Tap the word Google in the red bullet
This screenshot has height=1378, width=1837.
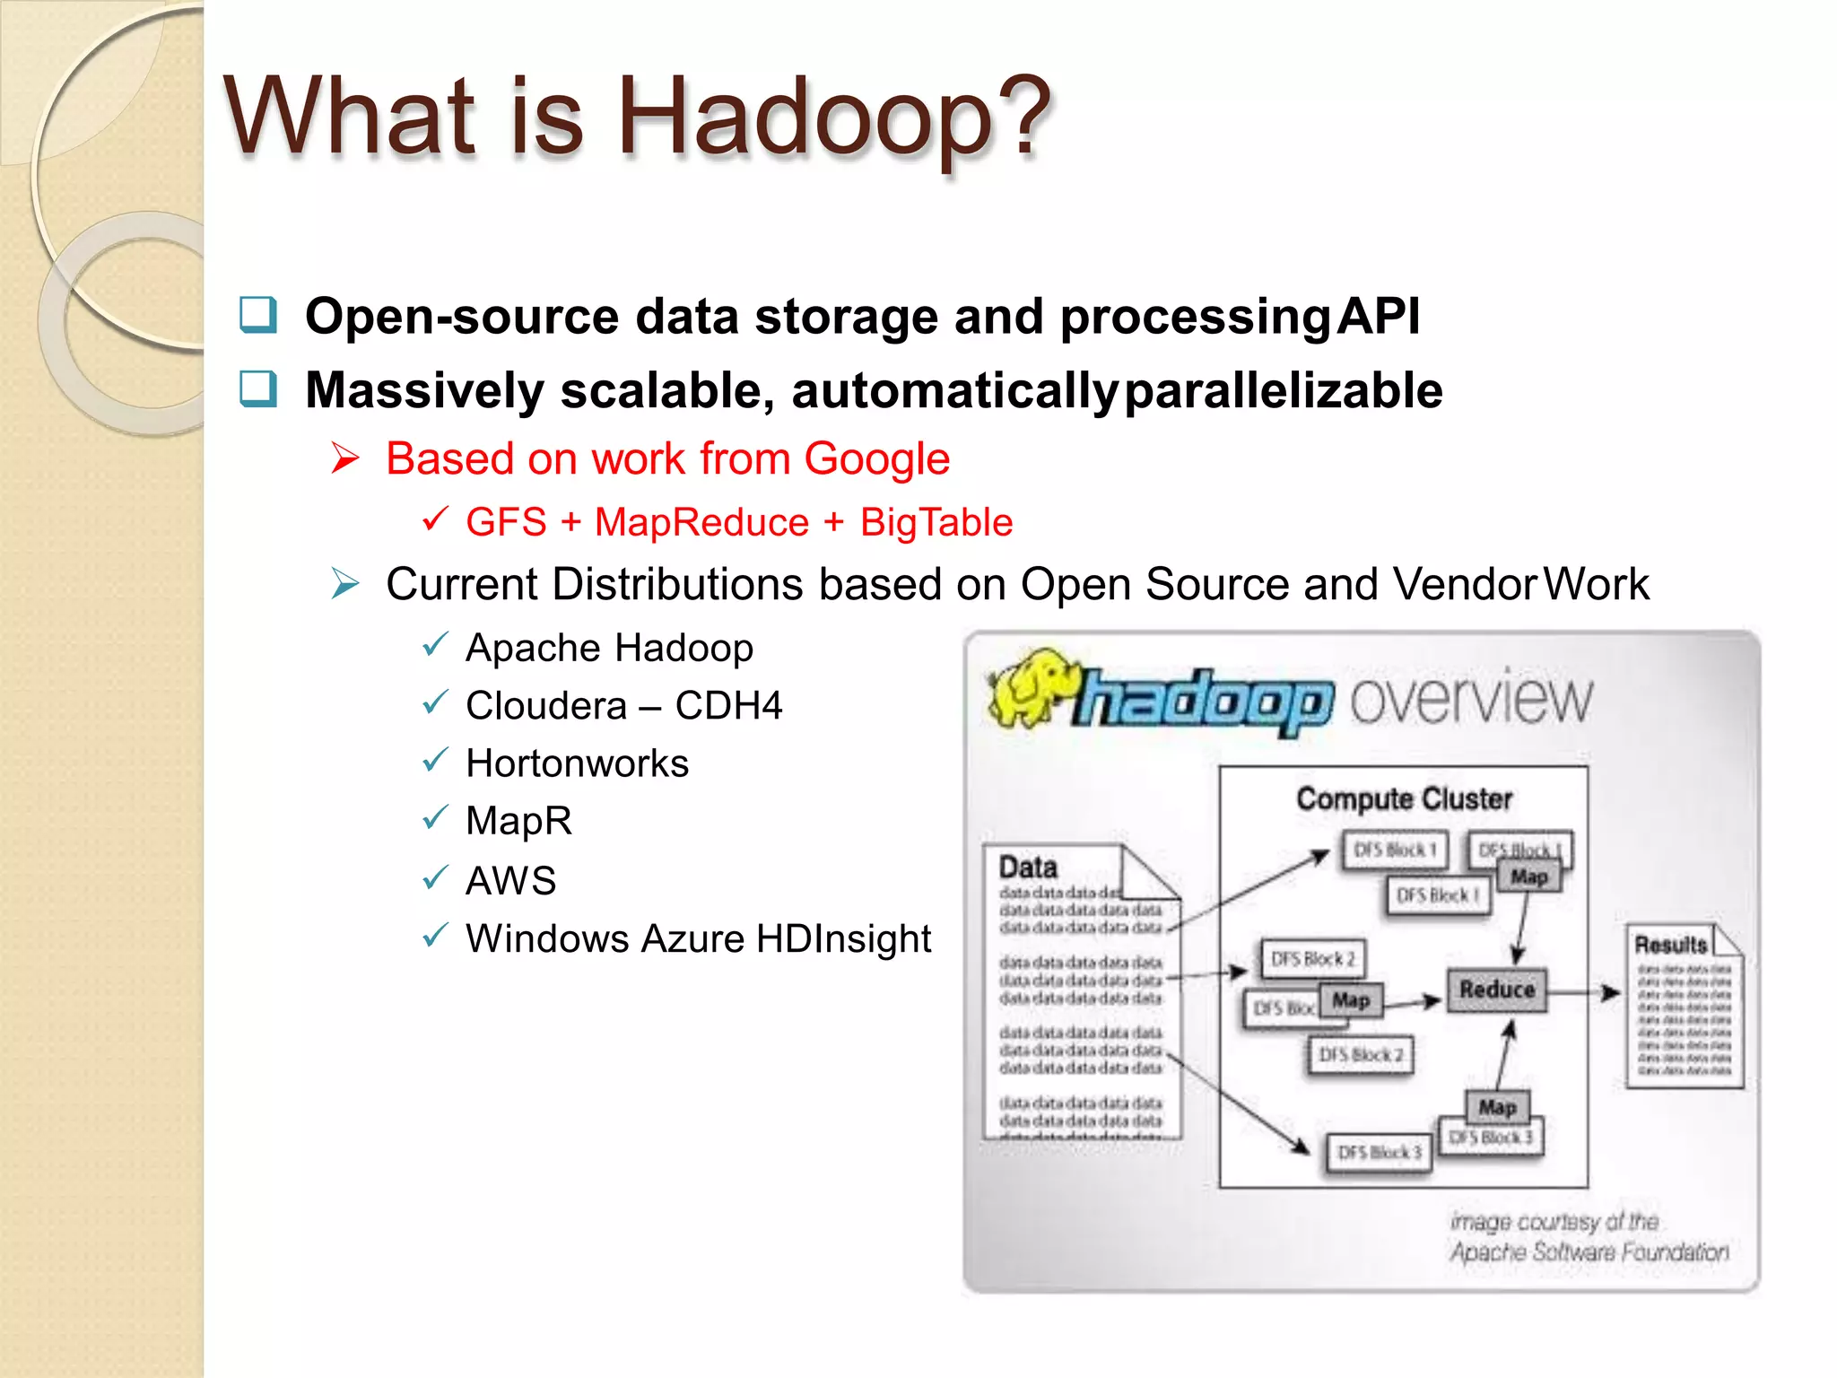click(876, 459)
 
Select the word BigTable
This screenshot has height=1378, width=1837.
click(936, 522)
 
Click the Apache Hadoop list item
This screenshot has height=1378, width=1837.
click(609, 648)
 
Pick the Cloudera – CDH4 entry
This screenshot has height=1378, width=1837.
click(623, 706)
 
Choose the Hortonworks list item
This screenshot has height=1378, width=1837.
click(577, 763)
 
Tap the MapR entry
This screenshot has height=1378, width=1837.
click(518, 821)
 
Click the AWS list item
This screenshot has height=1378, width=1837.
click(510, 880)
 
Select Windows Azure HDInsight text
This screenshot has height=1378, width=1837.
click(698, 939)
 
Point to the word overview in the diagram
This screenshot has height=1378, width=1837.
click(1471, 700)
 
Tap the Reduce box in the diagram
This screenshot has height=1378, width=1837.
click(1496, 990)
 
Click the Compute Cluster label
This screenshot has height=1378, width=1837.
click(1404, 798)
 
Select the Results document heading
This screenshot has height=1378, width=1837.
click(1670, 945)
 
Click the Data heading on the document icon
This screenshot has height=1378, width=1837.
click(1028, 868)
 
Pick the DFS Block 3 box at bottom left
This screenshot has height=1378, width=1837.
click(1379, 1153)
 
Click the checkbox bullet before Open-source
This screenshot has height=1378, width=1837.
click(258, 316)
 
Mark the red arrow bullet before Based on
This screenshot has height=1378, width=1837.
click(345, 458)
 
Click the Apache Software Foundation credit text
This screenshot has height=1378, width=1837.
click(1589, 1252)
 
